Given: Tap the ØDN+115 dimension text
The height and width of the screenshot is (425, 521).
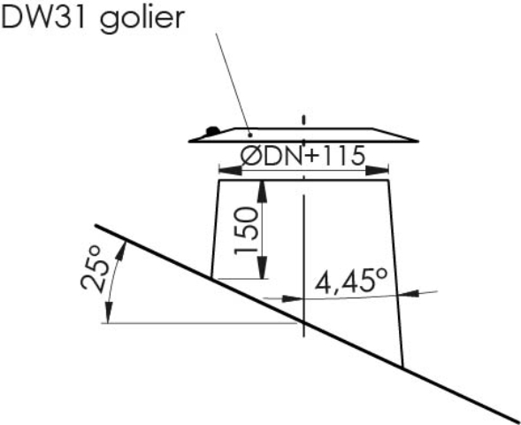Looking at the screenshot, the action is [303, 155].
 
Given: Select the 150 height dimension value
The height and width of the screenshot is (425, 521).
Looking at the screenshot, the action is [246, 231].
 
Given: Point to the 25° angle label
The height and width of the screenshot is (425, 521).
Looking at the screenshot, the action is [95, 269].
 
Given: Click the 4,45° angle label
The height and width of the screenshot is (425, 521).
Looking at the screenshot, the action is [351, 281].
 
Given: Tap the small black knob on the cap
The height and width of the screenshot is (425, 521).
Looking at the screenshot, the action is [212, 130].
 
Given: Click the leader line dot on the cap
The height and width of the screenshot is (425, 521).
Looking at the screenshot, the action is [250, 135].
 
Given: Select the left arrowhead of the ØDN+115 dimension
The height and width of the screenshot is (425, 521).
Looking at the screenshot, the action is [230, 171].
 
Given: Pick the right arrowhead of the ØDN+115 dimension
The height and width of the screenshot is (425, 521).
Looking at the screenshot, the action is [377, 171].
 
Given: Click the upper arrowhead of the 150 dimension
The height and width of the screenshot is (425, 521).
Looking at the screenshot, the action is [263, 191].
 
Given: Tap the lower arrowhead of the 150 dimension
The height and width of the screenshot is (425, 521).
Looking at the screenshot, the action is [263, 267].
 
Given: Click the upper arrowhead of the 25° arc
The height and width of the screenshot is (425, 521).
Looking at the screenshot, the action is [121, 251].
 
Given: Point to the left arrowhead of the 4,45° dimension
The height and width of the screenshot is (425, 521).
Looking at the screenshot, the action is [293, 298].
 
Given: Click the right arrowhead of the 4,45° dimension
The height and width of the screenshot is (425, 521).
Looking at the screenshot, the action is [409, 293].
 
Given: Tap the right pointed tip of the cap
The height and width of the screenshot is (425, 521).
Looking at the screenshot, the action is [418, 142].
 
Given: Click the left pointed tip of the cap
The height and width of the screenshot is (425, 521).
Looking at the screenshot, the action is [189, 142].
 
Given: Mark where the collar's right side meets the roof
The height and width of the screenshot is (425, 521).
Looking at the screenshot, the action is [402, 367].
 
